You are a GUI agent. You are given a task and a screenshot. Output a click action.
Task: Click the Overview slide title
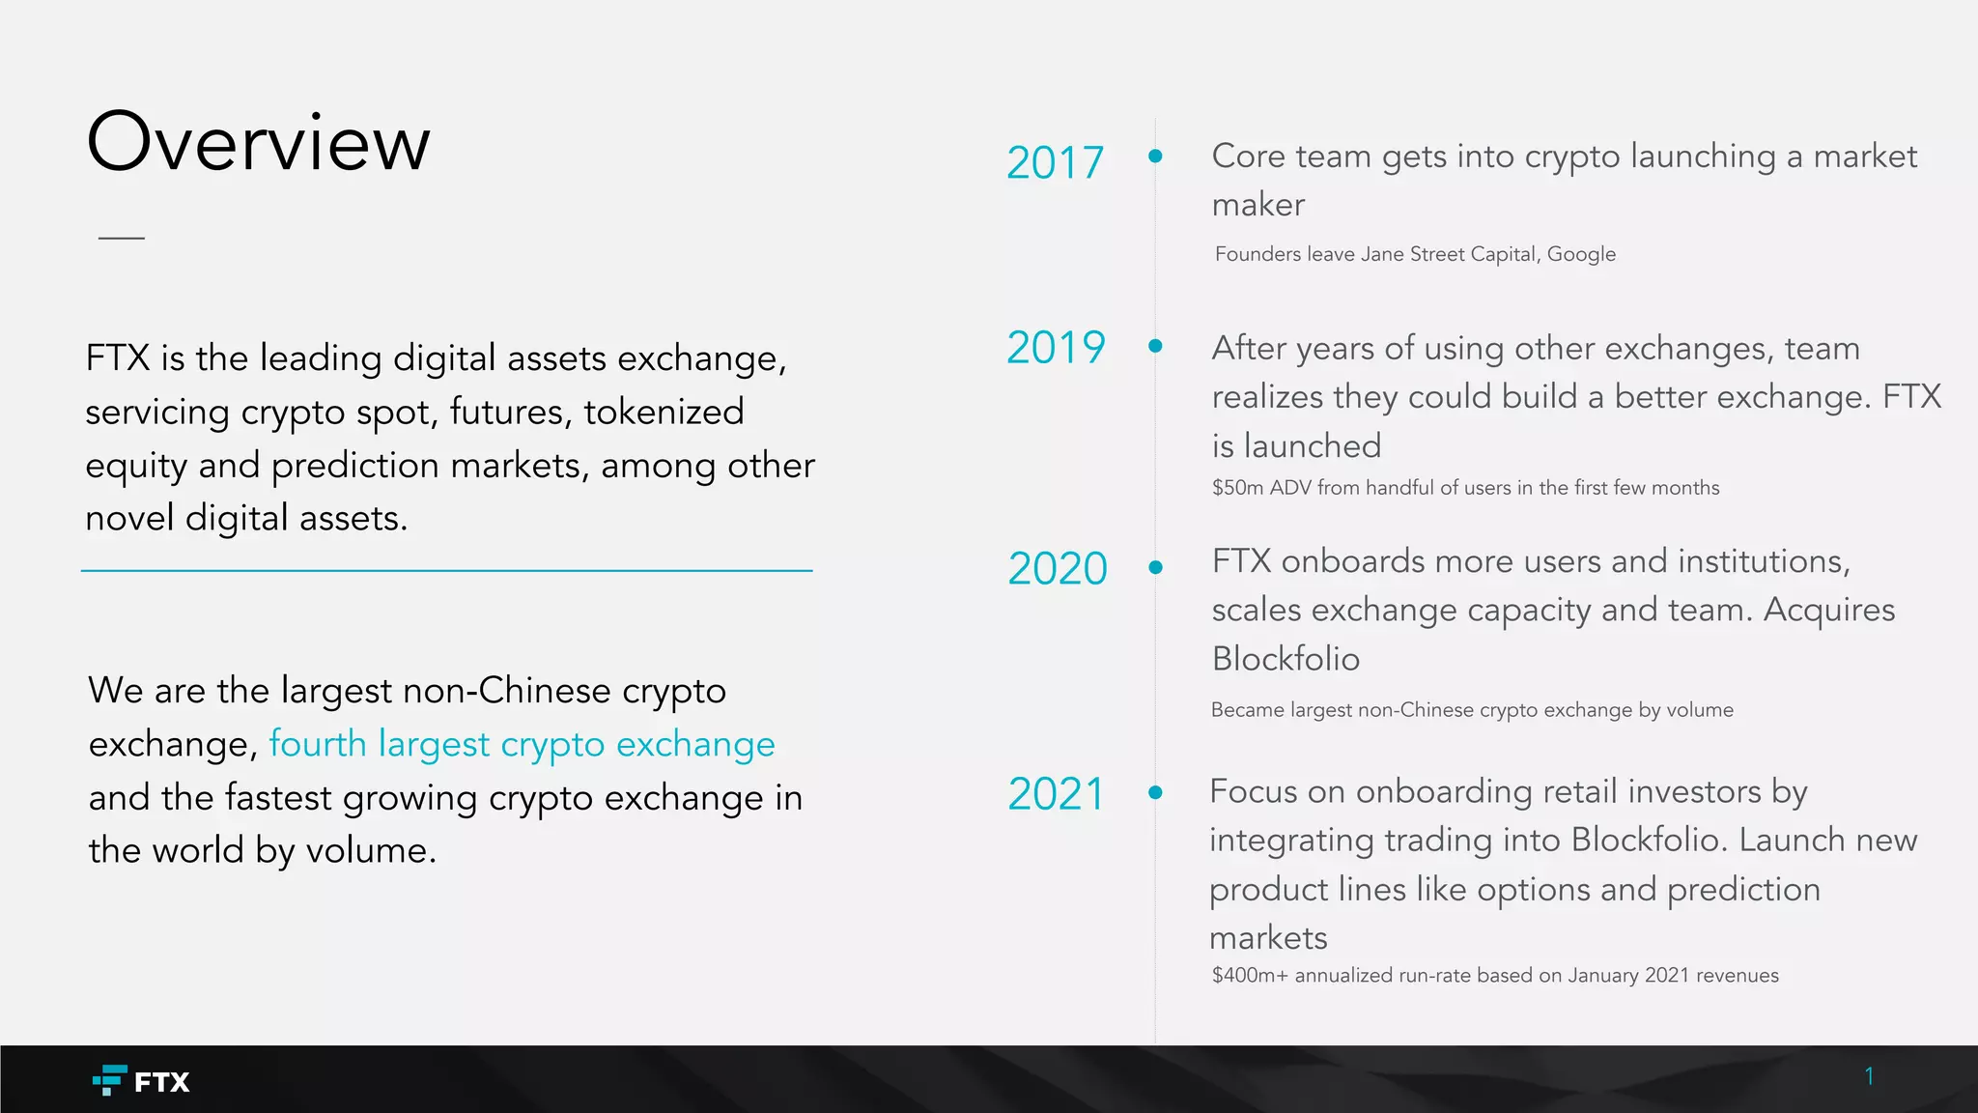(x=258, y=143)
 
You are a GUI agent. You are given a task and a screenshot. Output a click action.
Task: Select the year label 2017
(x=1055, y=162)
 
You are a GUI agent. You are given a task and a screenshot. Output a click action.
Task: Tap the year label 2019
(x=1056, y=347)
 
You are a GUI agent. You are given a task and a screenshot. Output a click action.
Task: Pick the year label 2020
(x=1058, y=568)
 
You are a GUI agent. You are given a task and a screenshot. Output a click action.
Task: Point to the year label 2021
(x=1056, y=794)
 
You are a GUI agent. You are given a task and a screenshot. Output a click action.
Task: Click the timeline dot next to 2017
(x=1155, y=156)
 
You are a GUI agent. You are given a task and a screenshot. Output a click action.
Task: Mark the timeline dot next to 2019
(x=1155, y=346)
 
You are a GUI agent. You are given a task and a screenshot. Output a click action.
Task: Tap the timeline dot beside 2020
(x=1155, y=567)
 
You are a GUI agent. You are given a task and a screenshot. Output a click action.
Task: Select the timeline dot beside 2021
(x=1155, y=792)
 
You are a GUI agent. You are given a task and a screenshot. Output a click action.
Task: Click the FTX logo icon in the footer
(x=109, y=1079)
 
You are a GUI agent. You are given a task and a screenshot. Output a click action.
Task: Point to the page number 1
(x=1869, y=1076)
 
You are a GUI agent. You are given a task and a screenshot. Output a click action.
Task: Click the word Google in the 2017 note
(x=1581, y=254)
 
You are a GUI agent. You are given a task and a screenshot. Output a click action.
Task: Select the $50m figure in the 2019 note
(x=1237, y=488)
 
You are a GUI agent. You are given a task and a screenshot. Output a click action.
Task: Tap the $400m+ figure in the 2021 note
(x=1250, y=976)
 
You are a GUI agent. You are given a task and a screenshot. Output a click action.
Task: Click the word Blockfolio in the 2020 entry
(x=1286, y=659)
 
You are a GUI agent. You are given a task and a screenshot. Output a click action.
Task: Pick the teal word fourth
(x=318, y=744)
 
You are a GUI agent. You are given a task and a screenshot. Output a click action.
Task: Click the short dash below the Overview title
(x=122, y=237)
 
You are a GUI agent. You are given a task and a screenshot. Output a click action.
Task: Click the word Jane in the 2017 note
(x=1382, y=254)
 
